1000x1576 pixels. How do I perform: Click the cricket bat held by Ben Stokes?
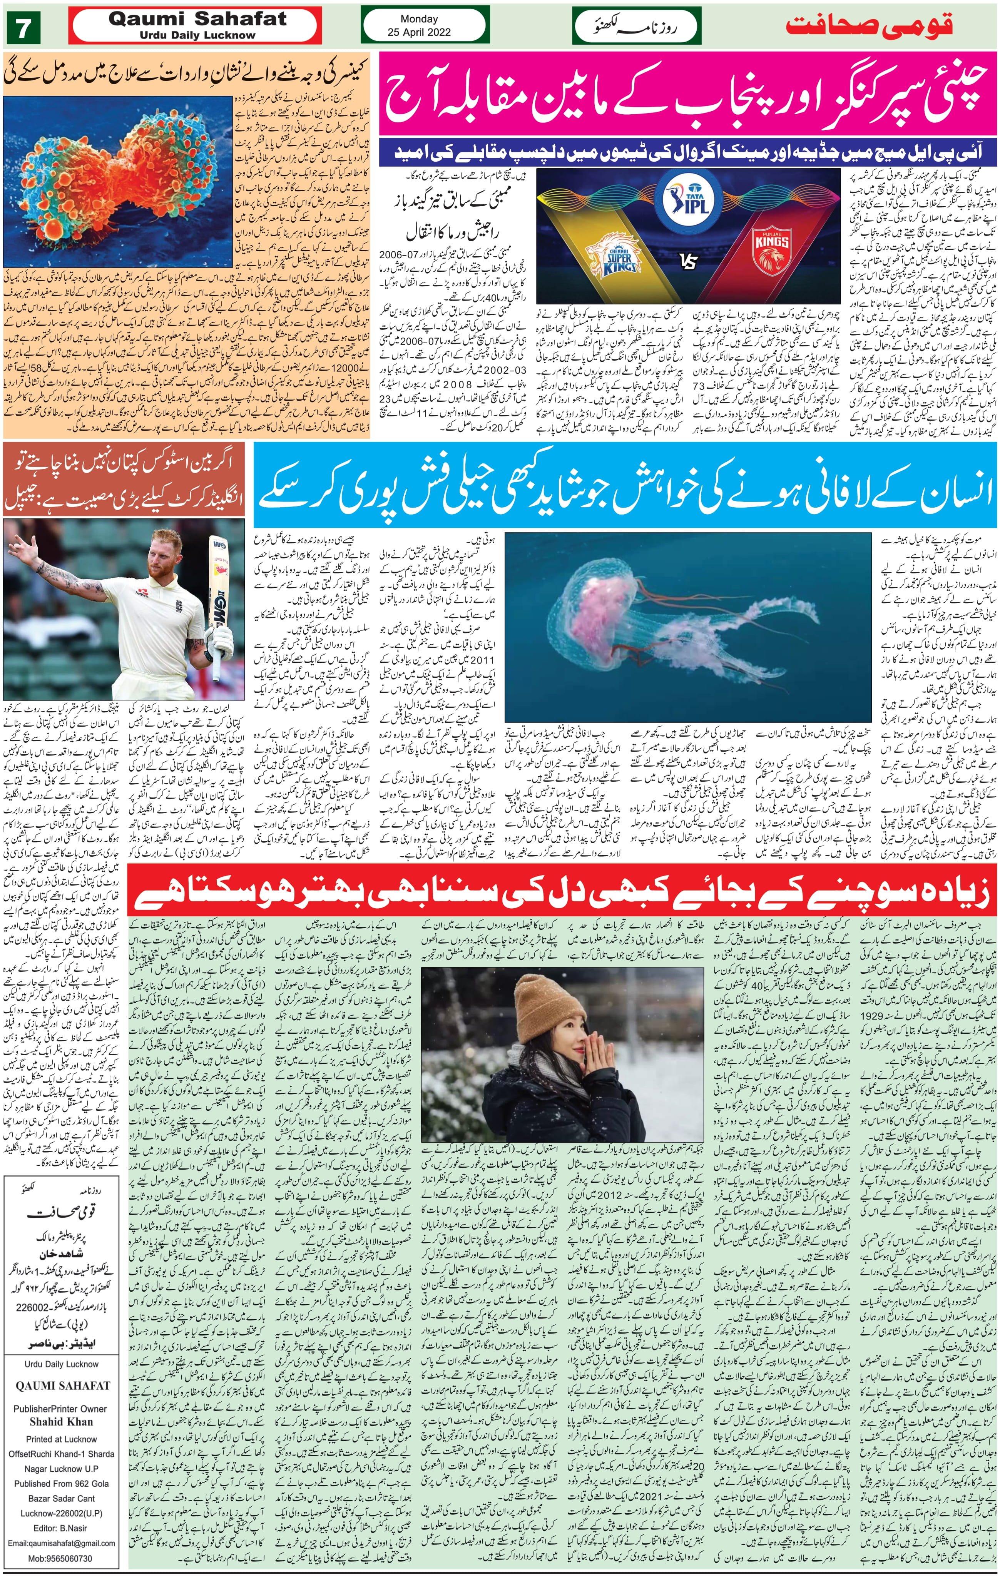pos(219,589)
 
